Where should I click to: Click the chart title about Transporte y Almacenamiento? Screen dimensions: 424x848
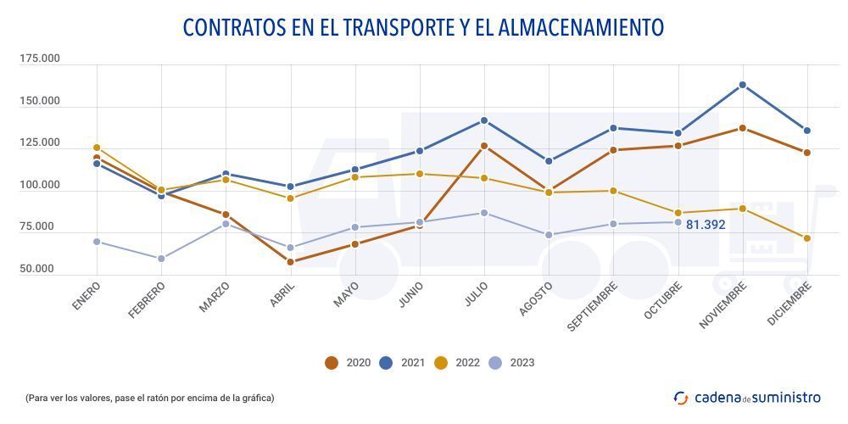pyautogui.click(x=423, y=28)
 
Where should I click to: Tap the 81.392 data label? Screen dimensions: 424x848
pyautogui.click(x=706, y=226)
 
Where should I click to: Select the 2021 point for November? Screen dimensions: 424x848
pyautogui.click(x=743, y=85)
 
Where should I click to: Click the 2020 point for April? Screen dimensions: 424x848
pyautogui.click(x=291, y=262)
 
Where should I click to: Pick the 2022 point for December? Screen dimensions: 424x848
pyautogui.click(x=807, y=238)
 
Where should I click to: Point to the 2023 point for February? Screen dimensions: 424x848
pyautogui.click(x=161, y=259)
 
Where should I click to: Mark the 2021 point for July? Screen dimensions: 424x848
pyautogui.click(x=484, y=120)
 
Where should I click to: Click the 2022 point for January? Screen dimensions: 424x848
pyautogui.click(x=97, y=148)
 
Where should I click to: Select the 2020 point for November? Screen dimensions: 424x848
pyautogui.click(x=743, y=128)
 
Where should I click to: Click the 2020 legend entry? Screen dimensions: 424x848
pyautogui.click(x=348, y=363)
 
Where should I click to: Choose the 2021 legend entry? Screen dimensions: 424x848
pyautogui.click(x=402, y=363)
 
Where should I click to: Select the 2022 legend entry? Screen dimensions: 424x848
pyautogui.click(x=457, y=363)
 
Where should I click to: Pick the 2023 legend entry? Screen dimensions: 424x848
pyautogui.click(x=511, y=363)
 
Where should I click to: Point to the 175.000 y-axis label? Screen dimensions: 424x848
pyautogui.click(x=40, y=59)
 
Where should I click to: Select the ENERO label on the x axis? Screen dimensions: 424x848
pyautogui.click(x=86, y=298)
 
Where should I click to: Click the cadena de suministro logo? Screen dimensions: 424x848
pyautogui.click(x=747, y=397)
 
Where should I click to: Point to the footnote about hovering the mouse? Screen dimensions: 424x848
pyautogui.click(x=149, y=398)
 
